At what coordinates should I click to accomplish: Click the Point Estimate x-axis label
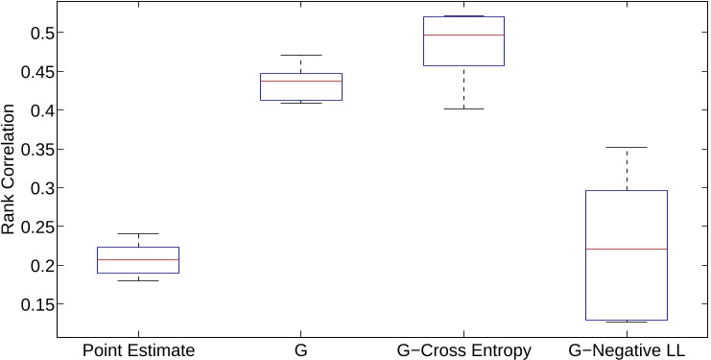(x=139, y=351)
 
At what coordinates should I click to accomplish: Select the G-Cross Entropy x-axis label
(x=464, y=351)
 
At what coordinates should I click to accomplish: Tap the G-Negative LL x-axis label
(x=627, y=351)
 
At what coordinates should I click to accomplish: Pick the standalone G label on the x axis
(x=301, y=351)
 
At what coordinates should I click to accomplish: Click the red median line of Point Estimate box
(x=139, y=259)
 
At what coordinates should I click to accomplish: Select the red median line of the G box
(x=301, y=81)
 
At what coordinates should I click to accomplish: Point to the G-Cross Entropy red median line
(x=464, y=35)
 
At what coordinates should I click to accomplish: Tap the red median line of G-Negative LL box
(x=627, y=249)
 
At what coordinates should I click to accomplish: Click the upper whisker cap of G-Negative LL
(x=627, y=147)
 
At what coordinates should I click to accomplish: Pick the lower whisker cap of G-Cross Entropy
(x=464, y=108)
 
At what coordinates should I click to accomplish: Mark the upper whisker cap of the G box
(x=301, y=55)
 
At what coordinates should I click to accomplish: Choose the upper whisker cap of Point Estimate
(x=139, y=233)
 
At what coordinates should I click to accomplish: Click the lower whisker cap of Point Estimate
(x=139, y=280)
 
